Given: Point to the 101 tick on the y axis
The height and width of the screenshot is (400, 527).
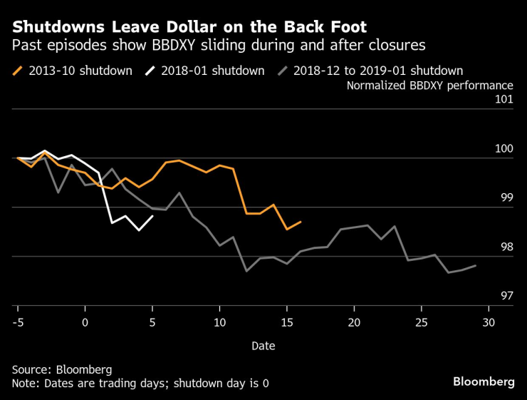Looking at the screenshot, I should [x=503, y=99].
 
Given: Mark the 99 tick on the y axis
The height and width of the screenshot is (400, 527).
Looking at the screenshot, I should [x=506, y=198].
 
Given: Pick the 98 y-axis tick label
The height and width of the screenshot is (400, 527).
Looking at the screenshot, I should [x=506, y=247].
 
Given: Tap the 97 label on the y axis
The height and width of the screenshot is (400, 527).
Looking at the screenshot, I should [x=506, y=296].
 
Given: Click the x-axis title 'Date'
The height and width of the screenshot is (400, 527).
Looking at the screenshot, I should [x=263, y=346].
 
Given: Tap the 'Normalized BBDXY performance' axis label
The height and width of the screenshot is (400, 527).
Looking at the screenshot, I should [x=429, y=86].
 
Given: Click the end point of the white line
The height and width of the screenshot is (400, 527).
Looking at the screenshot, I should [x=152, y=216].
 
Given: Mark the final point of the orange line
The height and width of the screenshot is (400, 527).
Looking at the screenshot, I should [x=301, y=222].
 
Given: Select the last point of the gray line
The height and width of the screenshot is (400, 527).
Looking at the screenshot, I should [x=475, y=265].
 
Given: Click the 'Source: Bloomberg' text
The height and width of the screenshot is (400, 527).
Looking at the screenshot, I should [x=61, y=370].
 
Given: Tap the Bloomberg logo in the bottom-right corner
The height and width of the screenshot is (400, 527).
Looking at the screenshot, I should [x=484, y=382].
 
